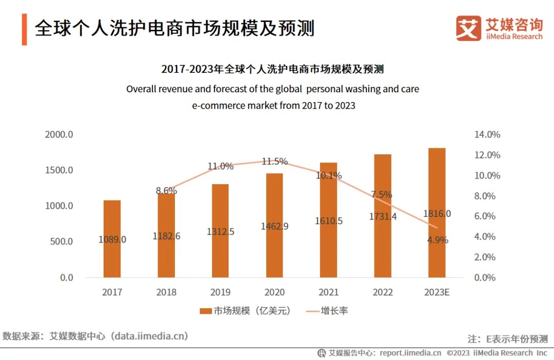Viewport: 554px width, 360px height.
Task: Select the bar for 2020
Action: coord(274,226)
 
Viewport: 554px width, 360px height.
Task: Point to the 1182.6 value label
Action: coord(166,236)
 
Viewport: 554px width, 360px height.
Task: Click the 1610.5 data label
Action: coord(328,221)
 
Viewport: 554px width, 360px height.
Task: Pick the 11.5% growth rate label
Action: coord(274,162)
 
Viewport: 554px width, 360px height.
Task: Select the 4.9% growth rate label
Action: coord(437,239)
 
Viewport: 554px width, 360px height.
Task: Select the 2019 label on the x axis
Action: coord(220,292)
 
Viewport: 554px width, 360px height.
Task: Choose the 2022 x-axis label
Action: coord(382,292)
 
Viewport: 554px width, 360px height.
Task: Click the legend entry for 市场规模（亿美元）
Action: coord(245,311)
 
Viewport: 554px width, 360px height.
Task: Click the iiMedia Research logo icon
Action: coord(468,29)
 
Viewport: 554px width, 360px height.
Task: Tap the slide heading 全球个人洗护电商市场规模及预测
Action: coord(174,28)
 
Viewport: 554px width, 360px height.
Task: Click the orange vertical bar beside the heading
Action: coord(24,30)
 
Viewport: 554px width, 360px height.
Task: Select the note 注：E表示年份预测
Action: coord(507,339)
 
